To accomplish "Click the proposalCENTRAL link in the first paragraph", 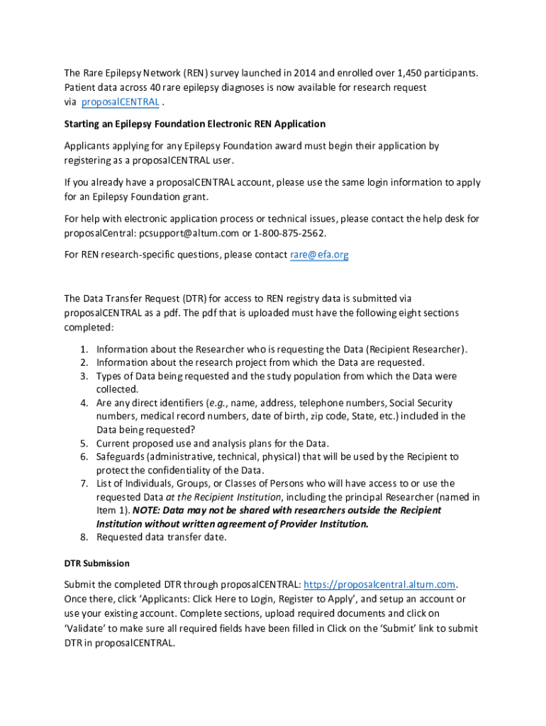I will (120, 102).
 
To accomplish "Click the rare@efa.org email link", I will (320, 255).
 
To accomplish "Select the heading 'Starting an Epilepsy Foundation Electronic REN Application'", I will (194, 124).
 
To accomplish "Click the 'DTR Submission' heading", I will (96, 564).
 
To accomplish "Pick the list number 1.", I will (83, 350).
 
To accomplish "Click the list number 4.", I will (83, 403).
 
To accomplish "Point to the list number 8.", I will (83, 537).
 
